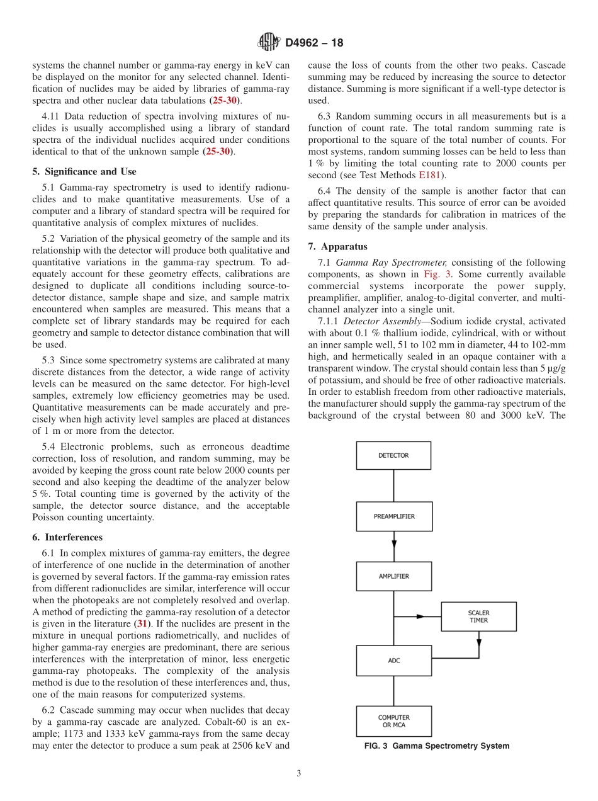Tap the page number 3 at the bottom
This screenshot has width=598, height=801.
coord(299,773)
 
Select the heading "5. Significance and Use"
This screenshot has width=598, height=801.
coord(84,171)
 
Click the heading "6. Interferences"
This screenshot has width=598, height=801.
coord(67,537)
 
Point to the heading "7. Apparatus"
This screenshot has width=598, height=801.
coord(337,246)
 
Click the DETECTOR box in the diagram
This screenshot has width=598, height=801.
coord(393,455)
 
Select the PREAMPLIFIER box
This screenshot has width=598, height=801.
coord(394,516)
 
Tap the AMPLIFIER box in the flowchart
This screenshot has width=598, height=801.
coord(394,576)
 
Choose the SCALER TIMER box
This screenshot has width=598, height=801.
coord(478,616)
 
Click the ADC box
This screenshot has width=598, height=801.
coord(394,661)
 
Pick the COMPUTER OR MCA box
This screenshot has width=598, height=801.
coord(394,721)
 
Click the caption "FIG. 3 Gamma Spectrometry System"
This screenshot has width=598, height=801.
coord(437,746)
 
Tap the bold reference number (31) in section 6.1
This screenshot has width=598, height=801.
coord(144,623)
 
